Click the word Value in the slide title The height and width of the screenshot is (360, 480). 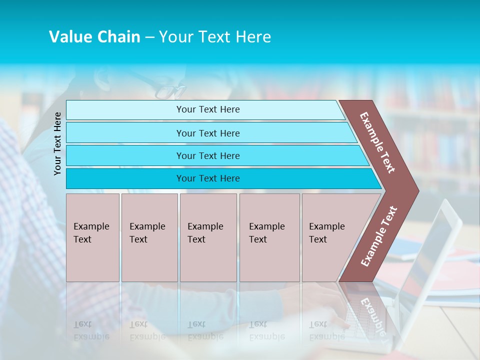pos(70,37)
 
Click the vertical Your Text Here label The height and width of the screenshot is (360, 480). pos(57,143)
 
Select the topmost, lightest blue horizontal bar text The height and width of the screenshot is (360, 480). pos(208,109)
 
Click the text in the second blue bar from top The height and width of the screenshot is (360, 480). pos(208,133)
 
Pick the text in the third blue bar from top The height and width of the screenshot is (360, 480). pos(208,156)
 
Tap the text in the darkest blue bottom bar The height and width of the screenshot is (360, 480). pos(208,178)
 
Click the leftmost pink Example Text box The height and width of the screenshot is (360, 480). pos(92,233)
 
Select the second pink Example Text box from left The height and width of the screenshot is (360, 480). pos(148,233)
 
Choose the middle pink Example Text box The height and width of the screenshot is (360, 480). pos(207,233)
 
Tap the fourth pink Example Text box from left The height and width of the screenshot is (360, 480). pos(268,233)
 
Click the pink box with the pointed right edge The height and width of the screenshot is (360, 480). pos(330,233)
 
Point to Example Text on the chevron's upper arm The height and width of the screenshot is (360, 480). pos(377,142)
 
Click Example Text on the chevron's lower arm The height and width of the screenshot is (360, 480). pos(379,236)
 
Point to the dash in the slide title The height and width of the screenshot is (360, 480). pos(149,37)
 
